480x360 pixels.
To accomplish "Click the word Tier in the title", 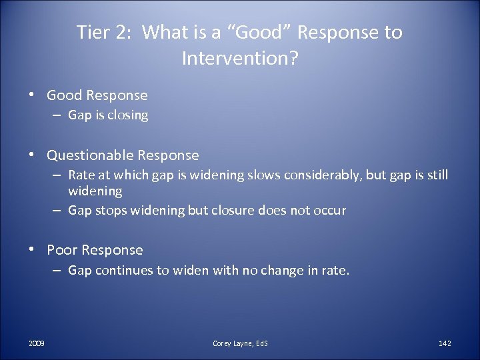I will coord(91,33).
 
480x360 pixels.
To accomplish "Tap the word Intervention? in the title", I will coord(239,59).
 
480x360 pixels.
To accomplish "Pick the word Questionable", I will coord(90,155).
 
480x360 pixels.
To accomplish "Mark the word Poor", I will coord(62,250).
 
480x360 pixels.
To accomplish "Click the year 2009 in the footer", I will coord(37,343).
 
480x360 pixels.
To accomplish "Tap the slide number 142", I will coord(445,343).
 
